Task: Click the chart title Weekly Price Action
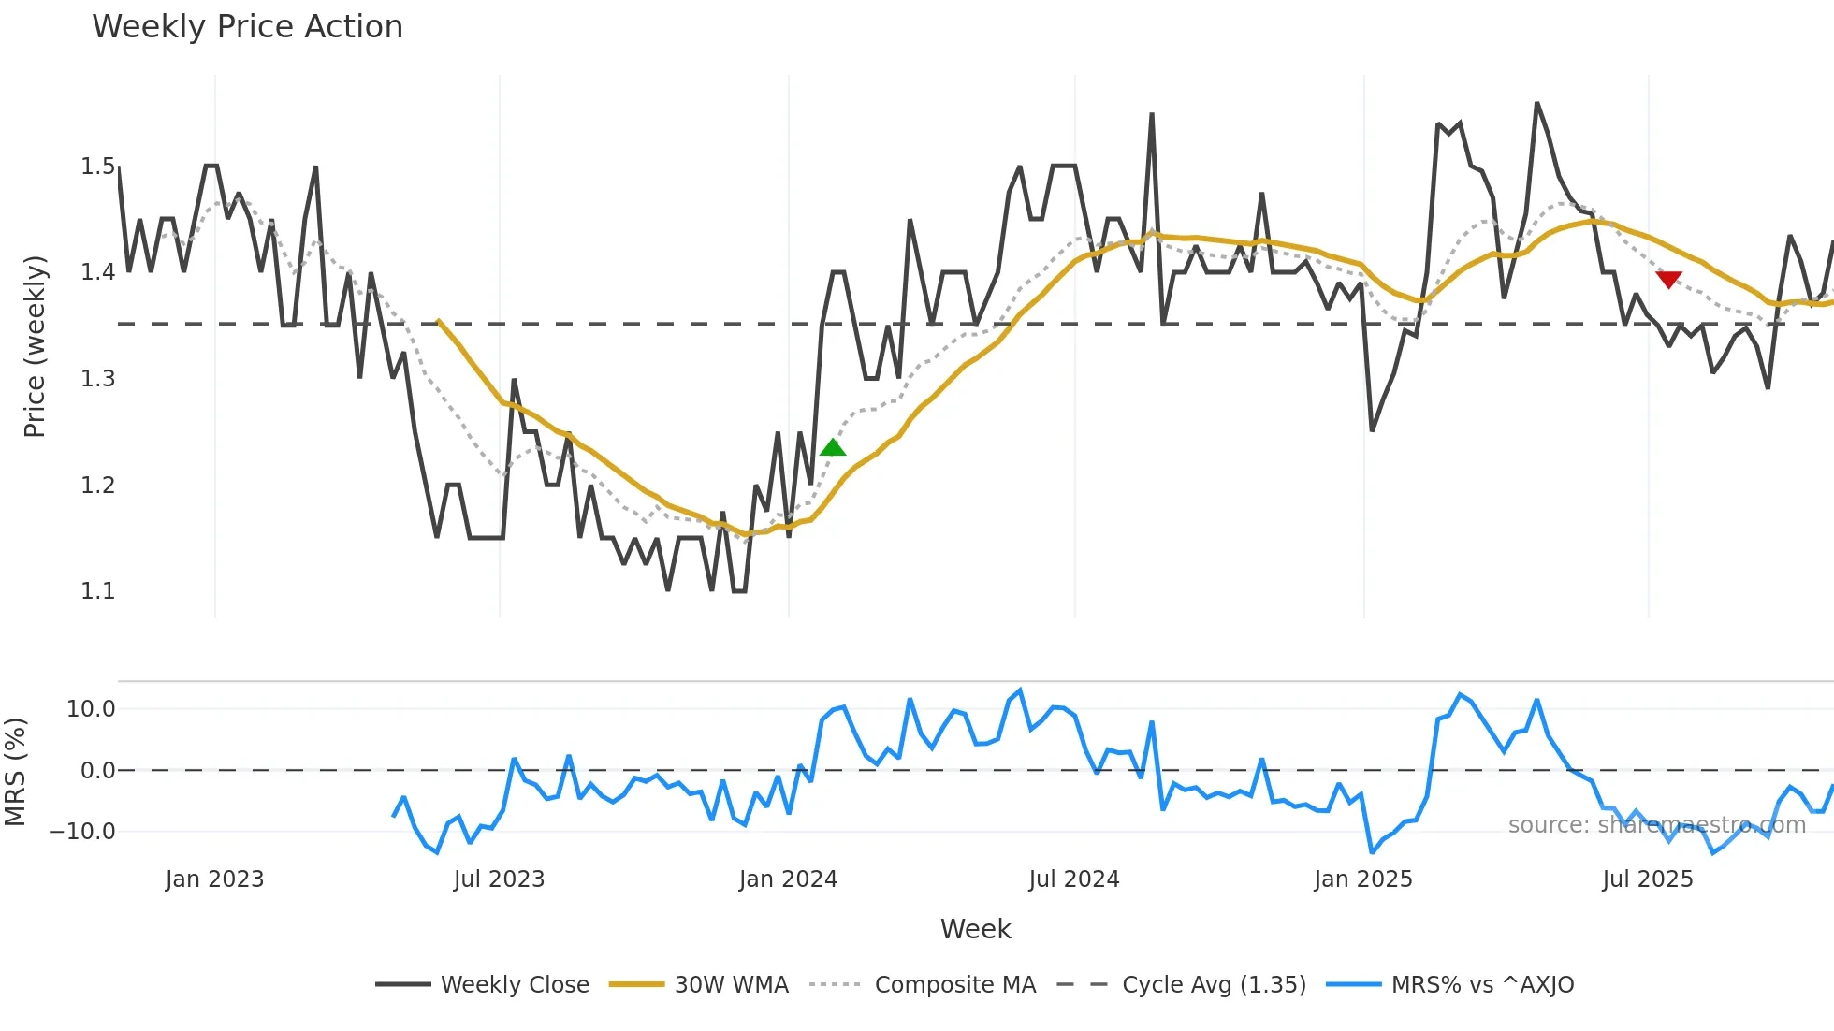(247, 27)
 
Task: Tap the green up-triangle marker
(833, 448)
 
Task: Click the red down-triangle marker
(1668, 279)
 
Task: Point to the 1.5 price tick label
(97, 167)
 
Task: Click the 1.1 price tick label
(97, 591)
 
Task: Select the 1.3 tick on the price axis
(97, 379)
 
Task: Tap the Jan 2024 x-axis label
(788, 879)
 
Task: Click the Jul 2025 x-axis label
(1647, 879)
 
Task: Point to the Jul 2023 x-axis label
(499, 879)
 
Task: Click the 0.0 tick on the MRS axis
(97, 771)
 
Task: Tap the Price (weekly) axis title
(35, 346)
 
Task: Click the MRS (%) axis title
(15, 772)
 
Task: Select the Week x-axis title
(975, 929)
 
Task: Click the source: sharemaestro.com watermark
(1656, 825)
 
